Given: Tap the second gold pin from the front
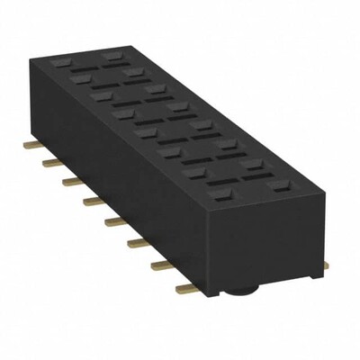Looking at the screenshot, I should pyautogui.click(x=163, y=265).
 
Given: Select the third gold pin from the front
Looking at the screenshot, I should pyautogui.click(x=139, y=243).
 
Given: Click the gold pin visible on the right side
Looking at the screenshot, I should pyautogui.click(x=326, y=265).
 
